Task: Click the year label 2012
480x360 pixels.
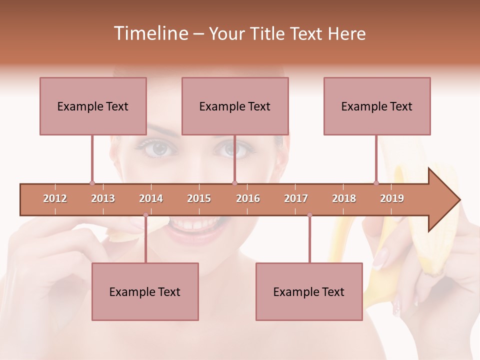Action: click(55, 198)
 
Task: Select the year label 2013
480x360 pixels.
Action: click(103, 198)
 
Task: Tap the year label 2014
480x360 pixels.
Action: click(151, 198)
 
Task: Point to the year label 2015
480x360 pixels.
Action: click(199, 198)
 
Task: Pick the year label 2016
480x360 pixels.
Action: click(248, 198)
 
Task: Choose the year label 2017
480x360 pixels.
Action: click(296, 198)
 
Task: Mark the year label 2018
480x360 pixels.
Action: click(344, 198)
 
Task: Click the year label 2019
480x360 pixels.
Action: click(392, 198)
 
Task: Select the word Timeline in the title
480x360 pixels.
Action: click(149, 33)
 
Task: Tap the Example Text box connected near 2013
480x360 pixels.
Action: click(93, 106)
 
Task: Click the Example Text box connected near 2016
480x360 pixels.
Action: click(235, 106)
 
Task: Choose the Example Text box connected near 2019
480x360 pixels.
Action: click(377, 106)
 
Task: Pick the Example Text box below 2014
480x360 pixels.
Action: click(145, 291)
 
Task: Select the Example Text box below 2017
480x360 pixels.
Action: click(309, 291)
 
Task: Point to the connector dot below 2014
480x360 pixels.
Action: click(145, 215)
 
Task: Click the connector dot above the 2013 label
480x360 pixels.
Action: click(92, 183)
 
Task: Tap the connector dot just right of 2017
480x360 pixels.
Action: click(309, 215)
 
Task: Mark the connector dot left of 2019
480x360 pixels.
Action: click(376, 183)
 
